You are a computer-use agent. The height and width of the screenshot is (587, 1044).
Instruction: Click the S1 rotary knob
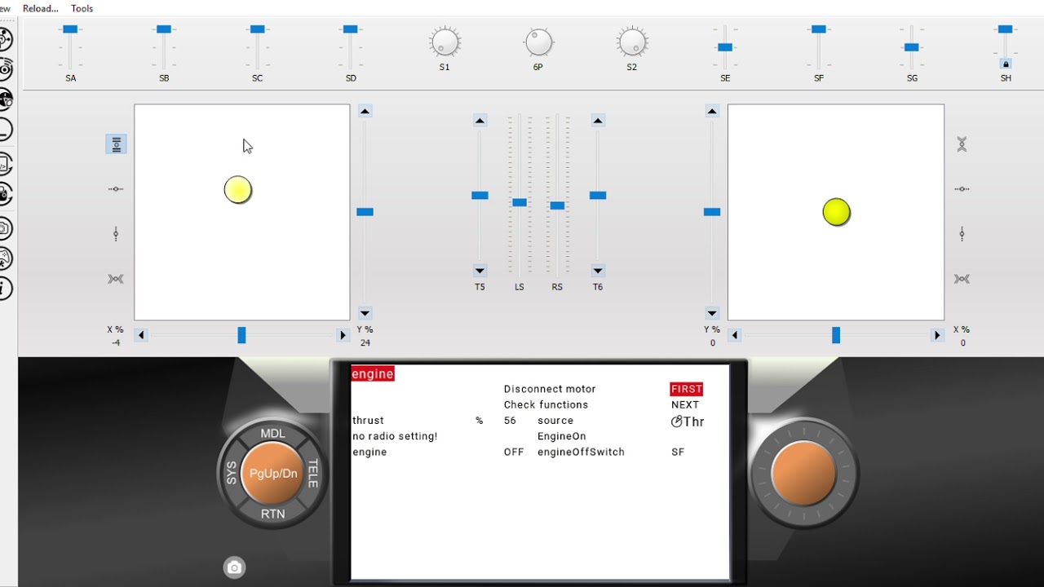(x=445, y=42)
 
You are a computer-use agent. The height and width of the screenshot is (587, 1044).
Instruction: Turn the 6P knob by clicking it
(x=538, y=42)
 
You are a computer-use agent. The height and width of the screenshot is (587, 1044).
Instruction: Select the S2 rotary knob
(x=632, y=42)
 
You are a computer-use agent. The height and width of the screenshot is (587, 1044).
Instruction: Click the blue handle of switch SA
(x=70, y=29)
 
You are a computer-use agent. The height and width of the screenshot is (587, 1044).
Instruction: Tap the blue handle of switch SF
(x=818, y=29)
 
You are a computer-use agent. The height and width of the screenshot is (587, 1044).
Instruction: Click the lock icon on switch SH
(x=1006, y=64)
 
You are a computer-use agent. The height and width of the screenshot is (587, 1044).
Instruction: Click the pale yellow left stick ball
(x=237, y=190)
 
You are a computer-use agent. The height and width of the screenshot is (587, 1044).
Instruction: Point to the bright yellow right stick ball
(x=836, y=212)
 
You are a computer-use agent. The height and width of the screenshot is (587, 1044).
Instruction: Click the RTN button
(x=273, y=514)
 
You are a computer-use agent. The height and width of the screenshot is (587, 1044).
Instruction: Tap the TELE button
(x=312, y=474)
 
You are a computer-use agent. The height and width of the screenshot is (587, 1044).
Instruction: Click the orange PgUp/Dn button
(x=273, y=474)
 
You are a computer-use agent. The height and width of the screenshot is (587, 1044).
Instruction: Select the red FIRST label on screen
(x=687, y=389)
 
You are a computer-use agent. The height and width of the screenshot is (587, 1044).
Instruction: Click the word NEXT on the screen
(x=685, y=405)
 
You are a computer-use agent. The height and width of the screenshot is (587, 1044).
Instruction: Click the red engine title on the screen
(x=373, y=373)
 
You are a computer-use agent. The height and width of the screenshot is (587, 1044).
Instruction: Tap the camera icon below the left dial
(x=234, y=567)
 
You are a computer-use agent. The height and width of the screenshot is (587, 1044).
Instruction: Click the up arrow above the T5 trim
(x=480, y=121)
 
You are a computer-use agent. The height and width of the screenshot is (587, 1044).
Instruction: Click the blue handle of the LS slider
(x=520, y=202)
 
